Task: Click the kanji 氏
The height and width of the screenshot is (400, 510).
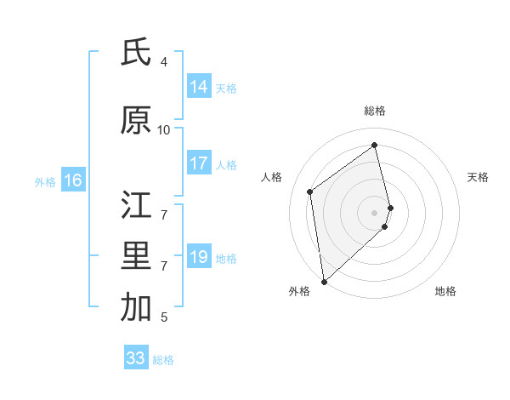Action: pos(136,53)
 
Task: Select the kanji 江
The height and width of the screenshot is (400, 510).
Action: pos(136,205)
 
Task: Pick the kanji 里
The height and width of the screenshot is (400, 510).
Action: pos(136,257)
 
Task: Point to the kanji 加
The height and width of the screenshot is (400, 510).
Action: pos(136,308)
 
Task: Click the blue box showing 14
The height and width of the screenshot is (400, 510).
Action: pos(199,87)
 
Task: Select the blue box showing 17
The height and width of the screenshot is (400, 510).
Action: pos(199,164)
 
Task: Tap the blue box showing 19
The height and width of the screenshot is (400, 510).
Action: pos(199,258)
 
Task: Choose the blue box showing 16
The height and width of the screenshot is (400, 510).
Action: pos(72,180)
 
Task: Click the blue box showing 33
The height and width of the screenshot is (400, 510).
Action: pos(136,358)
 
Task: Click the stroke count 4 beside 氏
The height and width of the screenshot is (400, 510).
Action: pos(164,62)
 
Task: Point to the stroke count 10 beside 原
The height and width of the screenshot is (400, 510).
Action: pos(164,130)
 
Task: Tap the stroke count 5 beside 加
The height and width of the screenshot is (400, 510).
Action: pos(164,317)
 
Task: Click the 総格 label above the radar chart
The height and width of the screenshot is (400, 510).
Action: pos(375,111)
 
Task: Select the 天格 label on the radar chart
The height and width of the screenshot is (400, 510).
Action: pos(478,177)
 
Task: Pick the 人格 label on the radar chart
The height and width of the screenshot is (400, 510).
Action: pos(272,177)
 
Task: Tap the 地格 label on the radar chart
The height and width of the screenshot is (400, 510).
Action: pos(445,292)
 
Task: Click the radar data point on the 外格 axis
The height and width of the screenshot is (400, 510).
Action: pos(324,281)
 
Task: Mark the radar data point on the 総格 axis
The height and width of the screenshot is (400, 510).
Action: pos(375,146)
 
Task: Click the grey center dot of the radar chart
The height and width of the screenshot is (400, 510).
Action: pos(375,212)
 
